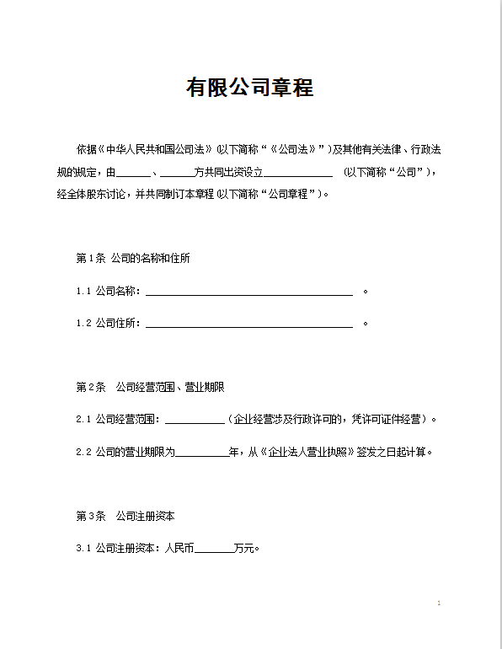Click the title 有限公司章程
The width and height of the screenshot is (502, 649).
(250, 87)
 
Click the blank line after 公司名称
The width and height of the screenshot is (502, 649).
(249, 292)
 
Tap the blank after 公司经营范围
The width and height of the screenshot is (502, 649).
(195, 419)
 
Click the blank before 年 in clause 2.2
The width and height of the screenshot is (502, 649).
(202, 452)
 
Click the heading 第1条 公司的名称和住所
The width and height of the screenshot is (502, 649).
(133, 258)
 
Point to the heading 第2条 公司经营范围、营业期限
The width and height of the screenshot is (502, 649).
(150, 387)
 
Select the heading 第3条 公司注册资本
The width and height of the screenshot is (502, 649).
(125, 516)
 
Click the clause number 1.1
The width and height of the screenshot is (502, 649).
(83, 292)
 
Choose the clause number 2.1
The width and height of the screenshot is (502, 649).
(83, 419)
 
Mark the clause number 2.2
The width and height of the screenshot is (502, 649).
(83, 452)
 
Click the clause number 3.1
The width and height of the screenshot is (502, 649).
(83, 549)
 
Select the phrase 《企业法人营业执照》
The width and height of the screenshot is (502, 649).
(307, 452)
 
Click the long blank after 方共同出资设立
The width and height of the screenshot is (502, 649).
(299, 173)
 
